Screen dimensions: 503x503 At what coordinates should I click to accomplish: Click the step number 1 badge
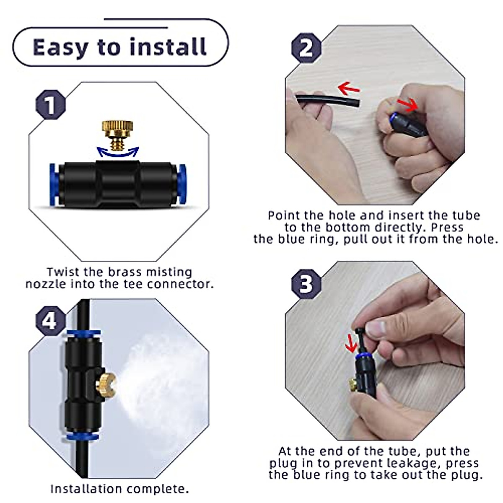pos(50,105)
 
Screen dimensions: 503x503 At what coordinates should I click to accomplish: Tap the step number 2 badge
pos(306,48)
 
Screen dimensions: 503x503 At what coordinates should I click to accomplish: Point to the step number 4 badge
pos(50,321)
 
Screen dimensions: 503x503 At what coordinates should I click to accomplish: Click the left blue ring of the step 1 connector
pos(53,185)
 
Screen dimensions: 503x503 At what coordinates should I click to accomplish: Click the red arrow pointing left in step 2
pos(349,88)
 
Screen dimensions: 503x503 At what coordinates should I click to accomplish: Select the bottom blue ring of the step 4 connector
pos(83,437)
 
